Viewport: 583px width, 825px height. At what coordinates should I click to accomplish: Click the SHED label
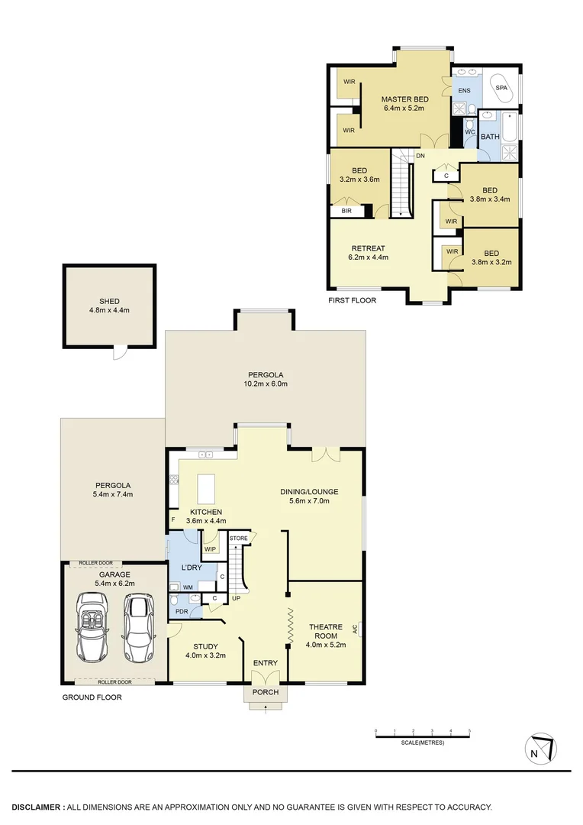tap(108, 300)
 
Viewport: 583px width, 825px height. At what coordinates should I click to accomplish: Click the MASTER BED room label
tap(404, 99)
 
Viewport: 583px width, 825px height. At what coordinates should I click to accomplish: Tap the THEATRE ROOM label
tap(325, 628)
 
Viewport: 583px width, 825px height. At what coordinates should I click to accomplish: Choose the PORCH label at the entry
tap(266, 693)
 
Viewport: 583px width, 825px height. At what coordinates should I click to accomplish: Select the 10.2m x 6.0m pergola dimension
tap(266, 384)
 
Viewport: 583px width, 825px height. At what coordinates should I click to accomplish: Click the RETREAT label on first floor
tap(368, 248)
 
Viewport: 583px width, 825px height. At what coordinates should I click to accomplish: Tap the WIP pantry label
tap(208, 548)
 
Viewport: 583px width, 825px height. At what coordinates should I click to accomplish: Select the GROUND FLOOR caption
tap(91, 697)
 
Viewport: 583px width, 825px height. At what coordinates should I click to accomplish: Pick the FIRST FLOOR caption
tap(352, 300)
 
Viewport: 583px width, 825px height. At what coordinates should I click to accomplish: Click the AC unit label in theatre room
tap(356, 630)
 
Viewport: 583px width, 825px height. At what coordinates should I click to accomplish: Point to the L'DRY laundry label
tap(191, 568)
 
